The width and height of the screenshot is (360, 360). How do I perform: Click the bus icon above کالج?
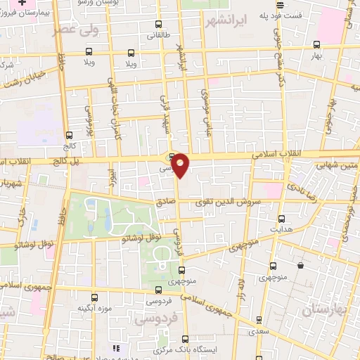tap(68, 136)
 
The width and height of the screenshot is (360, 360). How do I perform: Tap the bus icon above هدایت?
tap(282, 218)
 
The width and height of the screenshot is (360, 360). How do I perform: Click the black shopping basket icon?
tap(300, 266)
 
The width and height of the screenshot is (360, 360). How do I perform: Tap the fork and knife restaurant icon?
tap(116, 348)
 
